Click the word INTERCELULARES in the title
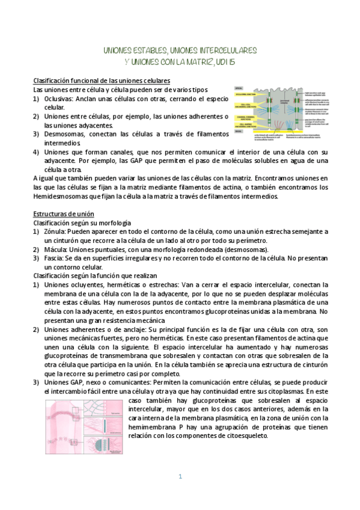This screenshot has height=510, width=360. [x=224, y=51]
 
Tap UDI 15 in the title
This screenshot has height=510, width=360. [x=244, y=61]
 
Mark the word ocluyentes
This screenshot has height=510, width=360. [x=87, y=285]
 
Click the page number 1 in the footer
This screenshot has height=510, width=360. [x=179, y=477]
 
